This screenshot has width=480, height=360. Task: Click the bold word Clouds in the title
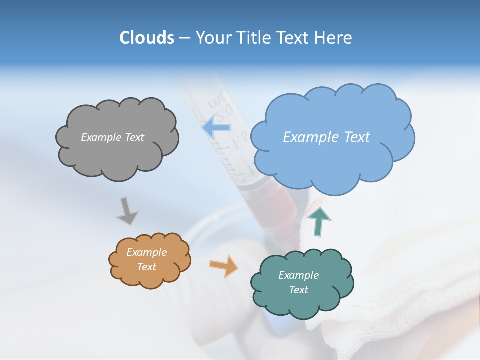147,38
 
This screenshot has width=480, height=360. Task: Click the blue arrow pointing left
216,127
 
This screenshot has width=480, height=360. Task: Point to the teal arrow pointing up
319,221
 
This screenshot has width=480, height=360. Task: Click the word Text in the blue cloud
357,137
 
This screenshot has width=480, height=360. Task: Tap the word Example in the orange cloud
146,252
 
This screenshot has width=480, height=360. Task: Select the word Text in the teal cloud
298,290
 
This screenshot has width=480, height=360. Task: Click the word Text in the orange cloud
146,267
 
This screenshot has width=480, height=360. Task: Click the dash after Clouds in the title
184,38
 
